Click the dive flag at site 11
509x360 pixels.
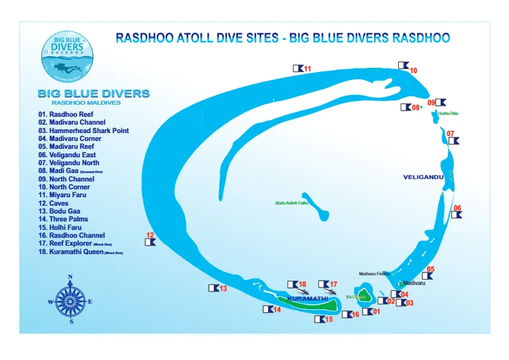tap(298, 68)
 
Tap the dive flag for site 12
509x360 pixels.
tap(150, 242)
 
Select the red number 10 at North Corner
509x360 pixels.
tap(414, 71)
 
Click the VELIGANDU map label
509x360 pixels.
tap(424, 177)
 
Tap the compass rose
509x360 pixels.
tap(71, 300)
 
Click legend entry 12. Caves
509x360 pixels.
tap(54, 203)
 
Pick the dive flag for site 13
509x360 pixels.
tap(214, 288)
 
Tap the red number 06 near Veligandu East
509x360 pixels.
tap(458, 208)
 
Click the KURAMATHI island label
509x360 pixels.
tap(307, 299)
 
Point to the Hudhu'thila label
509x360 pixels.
tap(448, 113)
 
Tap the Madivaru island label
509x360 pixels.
tap(415, 283)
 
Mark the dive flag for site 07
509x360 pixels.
tap(453, 140)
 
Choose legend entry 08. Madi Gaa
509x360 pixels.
tap(71, 171)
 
